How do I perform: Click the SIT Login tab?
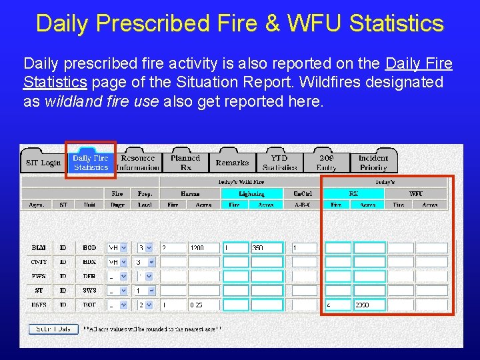[x=43, y=163]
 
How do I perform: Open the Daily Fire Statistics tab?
[x=91, y=163]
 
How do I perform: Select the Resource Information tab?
[x=138, y=163]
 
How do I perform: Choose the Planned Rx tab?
[x=185, y=163]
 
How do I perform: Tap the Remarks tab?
[x=232, y=163]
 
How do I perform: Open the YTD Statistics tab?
[x=279, y=163]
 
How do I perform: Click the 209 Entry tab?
[x=327, y=163]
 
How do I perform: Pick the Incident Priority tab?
[x=373, y=163]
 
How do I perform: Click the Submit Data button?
[x=53, y=329]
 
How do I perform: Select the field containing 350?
[x=266, y=248]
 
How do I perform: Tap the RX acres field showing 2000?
[x=369, y=305]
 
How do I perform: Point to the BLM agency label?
[x=39, y=248]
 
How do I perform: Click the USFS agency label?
[x=39, y=305]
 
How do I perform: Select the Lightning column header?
[x=252, y=193]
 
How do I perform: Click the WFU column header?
[x=416, y=193]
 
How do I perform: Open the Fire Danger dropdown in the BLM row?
[x=123, y=248]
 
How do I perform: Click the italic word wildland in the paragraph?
[x=73, y=102]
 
